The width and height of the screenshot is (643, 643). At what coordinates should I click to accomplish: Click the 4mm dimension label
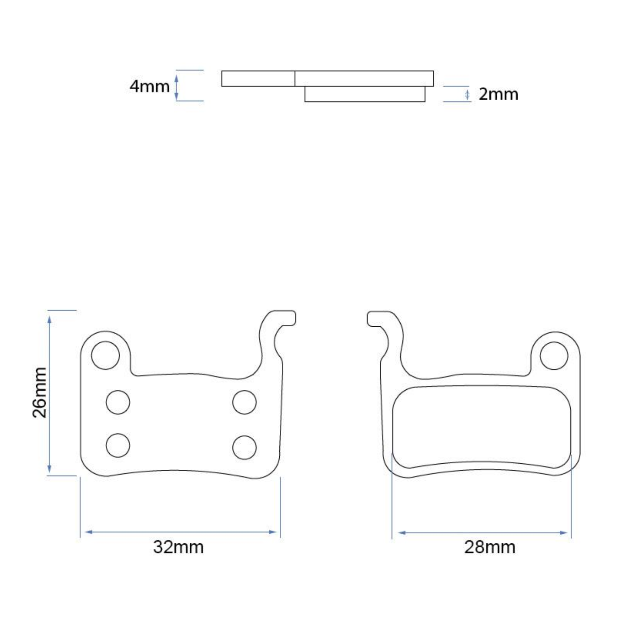[x=149, y=86]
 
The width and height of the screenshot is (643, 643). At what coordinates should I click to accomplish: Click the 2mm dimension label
[x=498, y=94]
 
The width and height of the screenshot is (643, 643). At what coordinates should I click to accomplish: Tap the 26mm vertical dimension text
[x=40, y=392]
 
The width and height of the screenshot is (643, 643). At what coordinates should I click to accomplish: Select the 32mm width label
[x=178, y=547]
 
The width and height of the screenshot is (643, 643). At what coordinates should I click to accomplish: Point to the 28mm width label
[x=489, y=547]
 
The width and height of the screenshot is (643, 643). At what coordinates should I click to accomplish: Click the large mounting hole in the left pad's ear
[x=106, y=355]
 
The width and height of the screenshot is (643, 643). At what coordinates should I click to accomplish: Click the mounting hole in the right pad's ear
[x=554, y=356]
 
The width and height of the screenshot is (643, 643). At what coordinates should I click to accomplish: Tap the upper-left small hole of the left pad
[x=118, y=402]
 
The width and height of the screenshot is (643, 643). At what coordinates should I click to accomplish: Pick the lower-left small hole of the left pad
[x=118, y=445]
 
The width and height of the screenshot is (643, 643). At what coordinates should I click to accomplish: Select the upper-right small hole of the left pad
[x=244, y=402]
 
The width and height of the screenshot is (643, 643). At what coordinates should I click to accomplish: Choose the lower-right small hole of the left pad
[x=244, y=447]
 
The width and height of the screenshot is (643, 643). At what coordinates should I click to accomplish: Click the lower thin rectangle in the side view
[x=365, y=94]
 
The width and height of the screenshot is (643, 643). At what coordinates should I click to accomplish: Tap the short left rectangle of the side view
[x=258, y=78]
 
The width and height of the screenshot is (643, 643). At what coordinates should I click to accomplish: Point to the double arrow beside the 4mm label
[x=176, y=86]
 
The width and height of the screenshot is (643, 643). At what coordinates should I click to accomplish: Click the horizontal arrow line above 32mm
[x=181, y=532]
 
